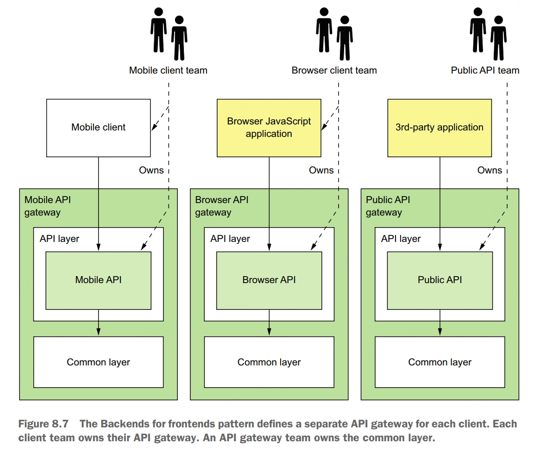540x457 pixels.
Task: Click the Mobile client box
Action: click(x=98, y=127)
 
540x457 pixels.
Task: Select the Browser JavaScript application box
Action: click(x=269, y=127)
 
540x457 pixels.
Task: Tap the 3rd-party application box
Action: click(x=439, y=127)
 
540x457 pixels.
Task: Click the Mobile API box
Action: click(x=98, y=280)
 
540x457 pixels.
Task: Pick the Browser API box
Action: click(x=269, y=280)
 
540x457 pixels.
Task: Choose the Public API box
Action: click(x=440, y=280)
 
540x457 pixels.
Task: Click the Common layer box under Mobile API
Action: click(x=98, y=362)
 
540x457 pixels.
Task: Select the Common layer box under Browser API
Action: click(x=269, y=362)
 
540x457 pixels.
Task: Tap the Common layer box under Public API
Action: click(x=440, y=362)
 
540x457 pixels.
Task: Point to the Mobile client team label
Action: click(x=168, y=70)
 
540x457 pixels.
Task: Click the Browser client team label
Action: click(x=334, y=70)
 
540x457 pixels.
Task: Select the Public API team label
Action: click(x=485, y=70)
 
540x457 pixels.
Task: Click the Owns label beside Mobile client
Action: click(x=151, y=170)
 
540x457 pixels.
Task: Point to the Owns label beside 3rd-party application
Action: click(x=490, y=170)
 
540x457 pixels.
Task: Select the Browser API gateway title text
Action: click(x=221, y=206)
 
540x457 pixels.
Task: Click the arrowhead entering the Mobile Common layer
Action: click(x=98, y=332)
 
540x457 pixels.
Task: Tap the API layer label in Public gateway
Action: click(x=401, y=239)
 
